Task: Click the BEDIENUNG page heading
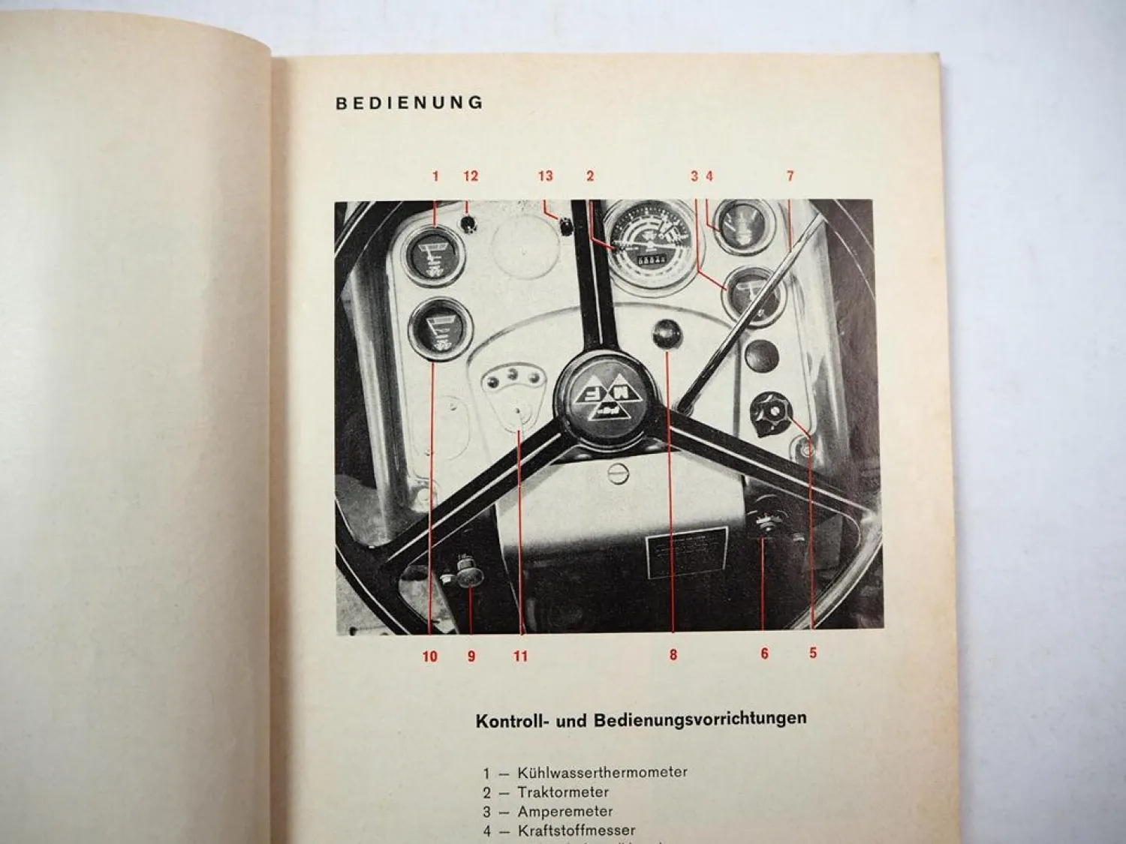click(409, 104)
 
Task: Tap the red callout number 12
click(471, 176)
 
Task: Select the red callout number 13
click(545, 176)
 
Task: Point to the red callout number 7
click(790, 176)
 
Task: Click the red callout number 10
click(429, 656)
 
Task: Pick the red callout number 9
click(471, 656)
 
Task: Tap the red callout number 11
click(520, 656)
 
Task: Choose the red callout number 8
click(673, 655)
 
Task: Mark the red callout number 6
click(764, 653)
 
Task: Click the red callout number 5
click(813, 653)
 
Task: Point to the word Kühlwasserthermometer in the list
click(603, 772)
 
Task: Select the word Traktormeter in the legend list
click(563, 792)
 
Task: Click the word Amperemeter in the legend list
click(565, 812)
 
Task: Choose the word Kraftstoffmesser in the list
click(577, 830)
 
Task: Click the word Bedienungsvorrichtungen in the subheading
click(700, 719)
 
